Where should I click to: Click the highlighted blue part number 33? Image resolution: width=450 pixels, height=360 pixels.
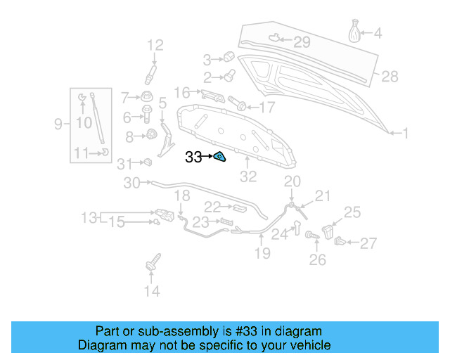tap(219, 157)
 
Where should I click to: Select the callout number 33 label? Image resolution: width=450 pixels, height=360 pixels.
tap(193, 157)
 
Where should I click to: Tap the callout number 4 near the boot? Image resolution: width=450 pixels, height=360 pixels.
tap(378, 33)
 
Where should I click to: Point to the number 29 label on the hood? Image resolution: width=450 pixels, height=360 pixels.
tap(302, 42)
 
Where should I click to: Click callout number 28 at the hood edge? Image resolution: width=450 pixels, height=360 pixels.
tap(390, 76)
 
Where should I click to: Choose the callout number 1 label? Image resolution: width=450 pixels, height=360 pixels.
tap(405, 131)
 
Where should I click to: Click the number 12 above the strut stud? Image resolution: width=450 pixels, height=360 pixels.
tap(155, 46)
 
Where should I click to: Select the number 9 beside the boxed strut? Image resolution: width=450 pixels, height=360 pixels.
tap(58, 124)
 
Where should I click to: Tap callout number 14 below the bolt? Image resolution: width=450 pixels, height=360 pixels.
tap(152, 290)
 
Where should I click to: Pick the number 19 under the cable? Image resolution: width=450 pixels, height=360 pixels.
tap(262, 253)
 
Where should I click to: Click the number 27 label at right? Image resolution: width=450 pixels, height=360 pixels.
tap(368, 243)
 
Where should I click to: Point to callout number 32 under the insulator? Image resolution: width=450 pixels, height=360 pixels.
tap(249, 176)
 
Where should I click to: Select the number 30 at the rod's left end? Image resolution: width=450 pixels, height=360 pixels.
tap(132, 183)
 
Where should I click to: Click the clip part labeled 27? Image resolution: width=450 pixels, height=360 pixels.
tap(341, 242)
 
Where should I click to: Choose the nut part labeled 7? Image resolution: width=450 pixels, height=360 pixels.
tap(147, 97)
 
